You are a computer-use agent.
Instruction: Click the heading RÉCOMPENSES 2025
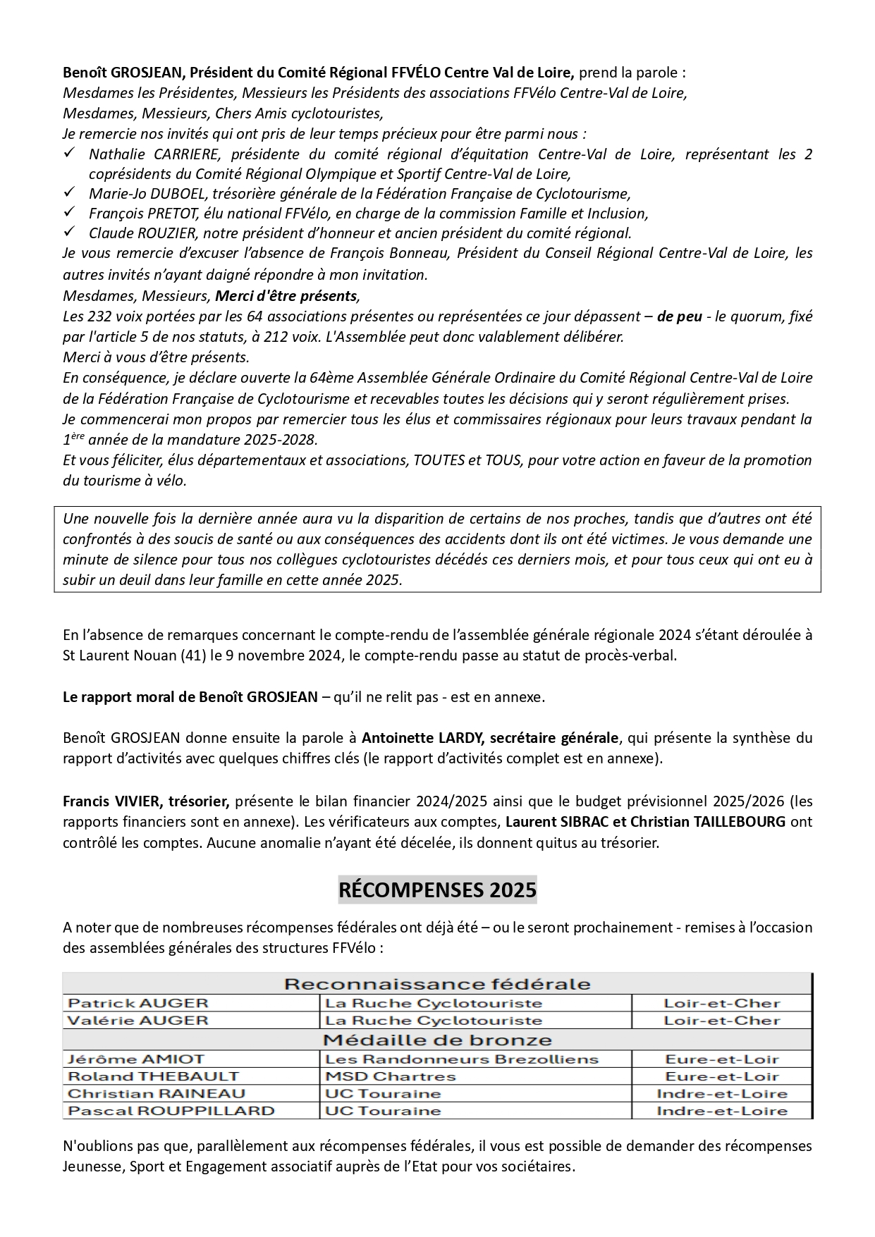coord(437,890)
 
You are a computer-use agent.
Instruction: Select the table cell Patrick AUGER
coord(137,1003)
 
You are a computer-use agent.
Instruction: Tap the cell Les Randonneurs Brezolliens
coord(461,1059)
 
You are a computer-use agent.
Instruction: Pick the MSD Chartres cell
coord(390,1076)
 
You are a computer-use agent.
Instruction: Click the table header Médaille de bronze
coord(437,1040)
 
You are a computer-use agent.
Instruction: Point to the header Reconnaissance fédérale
coord(437,984)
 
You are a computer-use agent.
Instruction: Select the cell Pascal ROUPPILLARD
coord(171,1111)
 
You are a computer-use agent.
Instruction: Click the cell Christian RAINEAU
coord(157,1093)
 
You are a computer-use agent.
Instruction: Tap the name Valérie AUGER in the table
coord(137,1020)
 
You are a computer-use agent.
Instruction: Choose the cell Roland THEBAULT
coord(153,1076)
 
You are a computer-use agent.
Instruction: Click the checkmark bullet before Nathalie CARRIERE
coord(69,153)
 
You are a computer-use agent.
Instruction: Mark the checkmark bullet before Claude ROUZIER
coord(69,231)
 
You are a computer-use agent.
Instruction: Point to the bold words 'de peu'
coord(679,316)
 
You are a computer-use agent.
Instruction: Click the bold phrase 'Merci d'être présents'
coord(286,296)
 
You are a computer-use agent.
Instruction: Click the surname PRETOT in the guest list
coord(169,213)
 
